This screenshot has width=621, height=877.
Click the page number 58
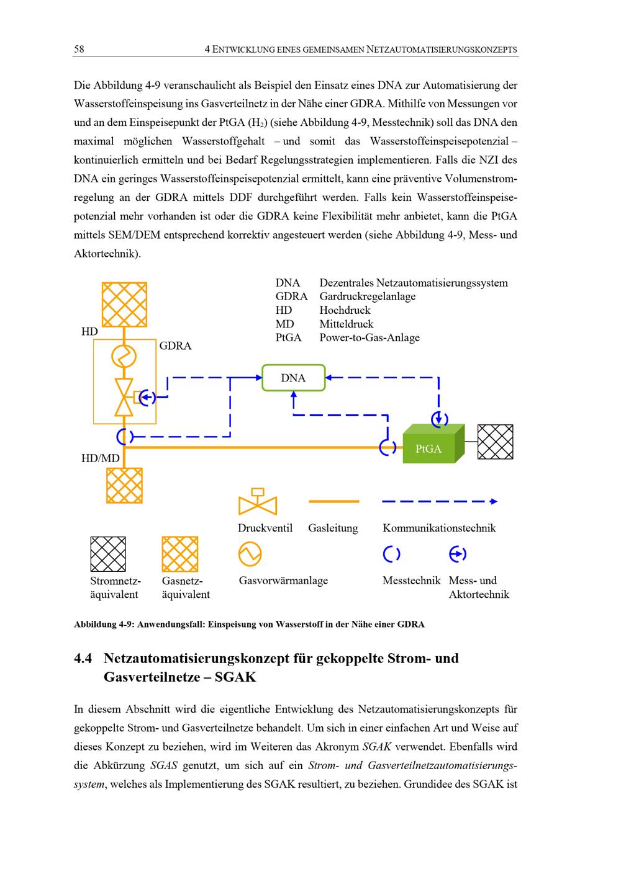click(79, 50)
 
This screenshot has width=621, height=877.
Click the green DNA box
click(294, 378)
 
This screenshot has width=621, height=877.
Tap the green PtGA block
click(429, 448)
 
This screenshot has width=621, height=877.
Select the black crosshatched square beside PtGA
click(495, 442)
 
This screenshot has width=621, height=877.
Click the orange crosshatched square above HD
click(124, 304)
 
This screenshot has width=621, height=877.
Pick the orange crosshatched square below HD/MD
click(124, 485)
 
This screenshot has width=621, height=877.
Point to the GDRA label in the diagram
click(175, 346)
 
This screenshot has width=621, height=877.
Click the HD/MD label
click(100, 458)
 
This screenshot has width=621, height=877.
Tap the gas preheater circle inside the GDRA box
click(124, 357)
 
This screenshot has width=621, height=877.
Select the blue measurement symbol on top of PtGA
click(440, 419)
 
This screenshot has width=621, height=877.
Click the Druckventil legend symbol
click(257, 502)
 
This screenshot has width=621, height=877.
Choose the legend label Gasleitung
click(333, 528)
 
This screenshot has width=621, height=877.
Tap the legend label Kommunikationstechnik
click(439, 528)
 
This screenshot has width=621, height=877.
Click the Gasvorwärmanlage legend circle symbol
click(250, 554)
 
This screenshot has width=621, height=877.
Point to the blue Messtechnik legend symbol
click(391, 554)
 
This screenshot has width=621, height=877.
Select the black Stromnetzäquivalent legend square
click(108, 554)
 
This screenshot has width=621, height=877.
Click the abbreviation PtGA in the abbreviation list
click(288, 338)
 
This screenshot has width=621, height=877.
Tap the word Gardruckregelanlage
click(367, 296)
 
